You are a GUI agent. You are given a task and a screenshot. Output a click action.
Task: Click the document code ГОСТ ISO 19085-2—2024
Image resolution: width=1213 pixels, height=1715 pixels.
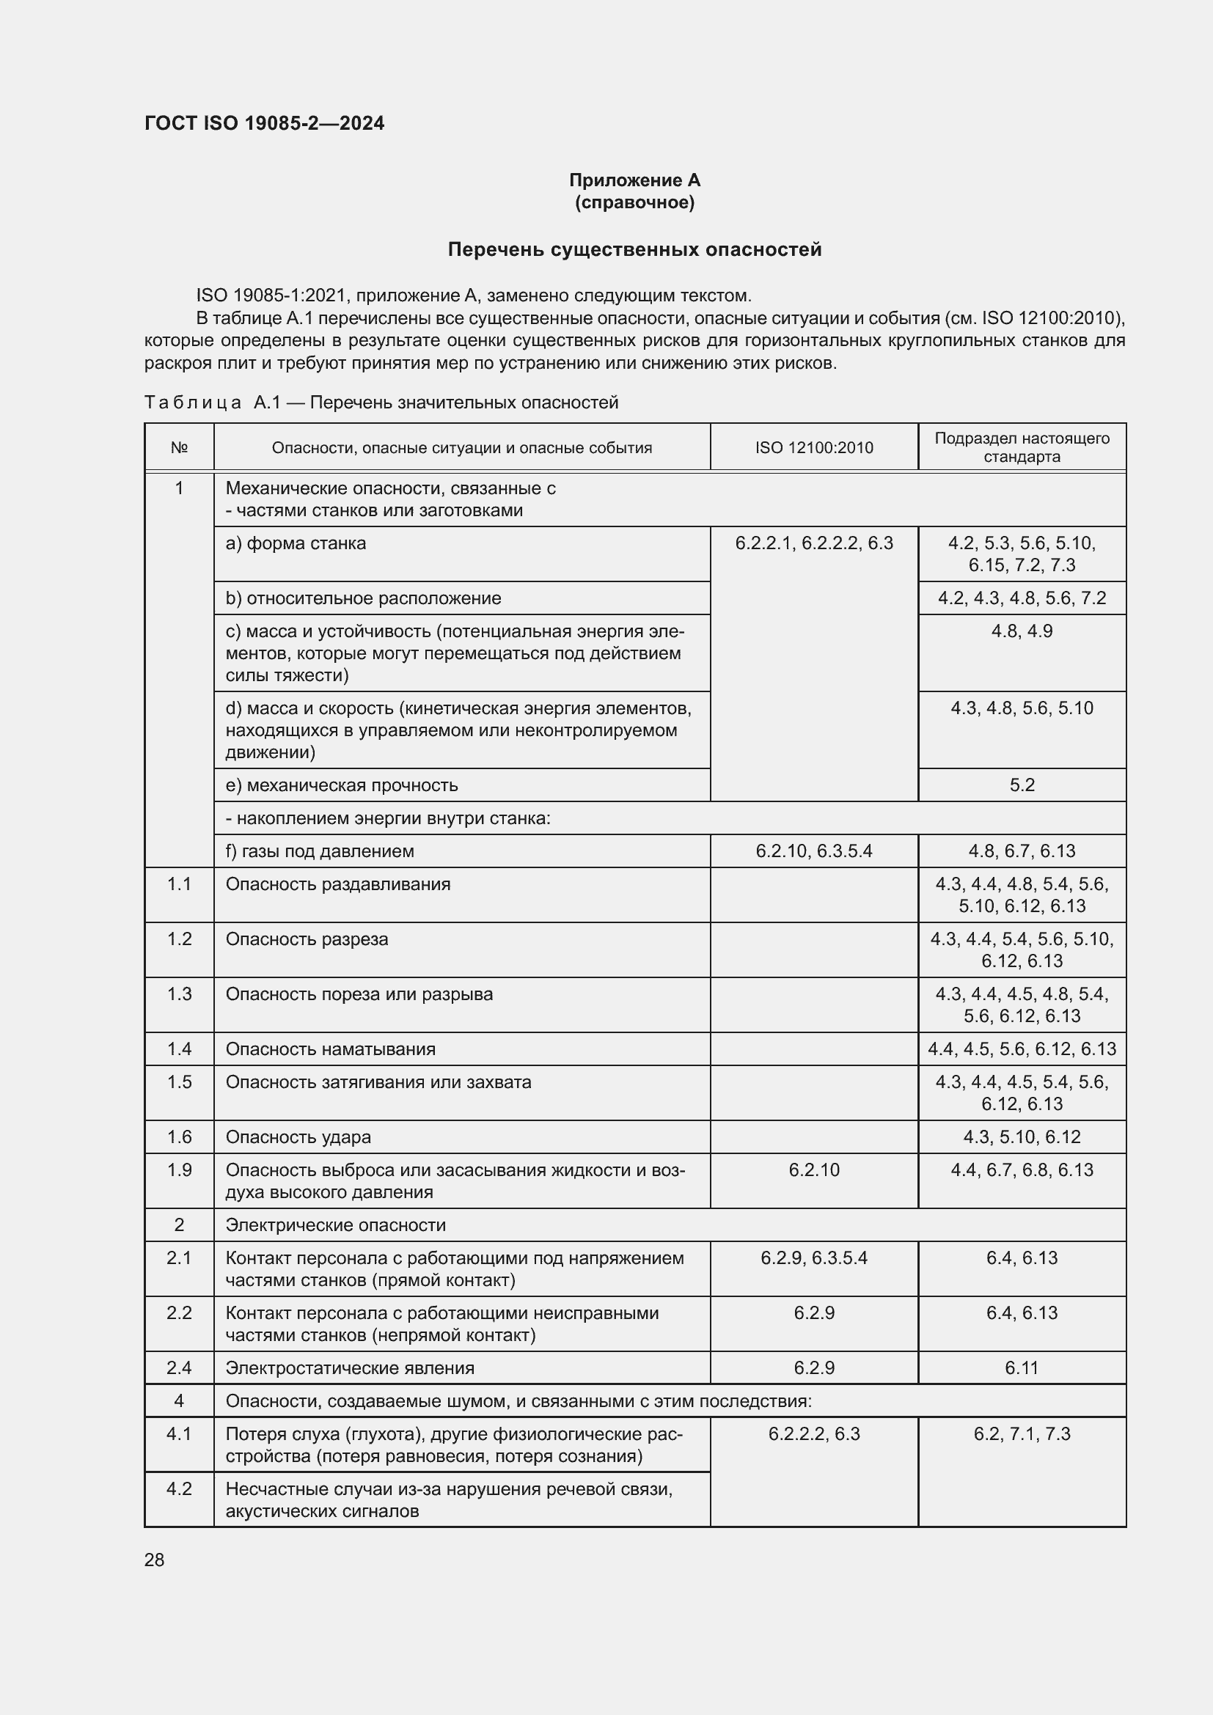click(x=265, y=123)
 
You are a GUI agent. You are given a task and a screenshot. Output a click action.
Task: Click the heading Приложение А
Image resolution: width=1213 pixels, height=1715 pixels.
click(x=634, y=180)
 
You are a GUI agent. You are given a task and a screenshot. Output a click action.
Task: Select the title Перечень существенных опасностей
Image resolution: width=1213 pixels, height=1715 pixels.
click(x=634, y=249)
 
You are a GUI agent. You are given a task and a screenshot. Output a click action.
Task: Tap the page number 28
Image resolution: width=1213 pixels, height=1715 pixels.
click(x=155, y=1560)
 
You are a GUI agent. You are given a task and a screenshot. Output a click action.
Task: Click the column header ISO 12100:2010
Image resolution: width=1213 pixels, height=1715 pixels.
click(x=813, y=447)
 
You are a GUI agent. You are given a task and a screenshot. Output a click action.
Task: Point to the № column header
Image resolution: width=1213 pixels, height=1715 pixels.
click(x=179, y=447)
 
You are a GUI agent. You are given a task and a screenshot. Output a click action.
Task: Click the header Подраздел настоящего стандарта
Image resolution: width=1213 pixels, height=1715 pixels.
click(x=1021, y=447)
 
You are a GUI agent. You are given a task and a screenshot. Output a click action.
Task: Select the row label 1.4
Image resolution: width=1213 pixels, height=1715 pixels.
click(x=179, y=1049)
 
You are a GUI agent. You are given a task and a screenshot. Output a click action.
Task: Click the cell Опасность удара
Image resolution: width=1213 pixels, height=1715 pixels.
click(x=298, y=1137)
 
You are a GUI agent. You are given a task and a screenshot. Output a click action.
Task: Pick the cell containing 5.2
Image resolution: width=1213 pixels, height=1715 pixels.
click(x=1021, y=785)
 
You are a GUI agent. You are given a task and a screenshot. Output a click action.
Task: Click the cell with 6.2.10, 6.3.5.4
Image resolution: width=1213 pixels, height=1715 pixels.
click(x=813, y=851)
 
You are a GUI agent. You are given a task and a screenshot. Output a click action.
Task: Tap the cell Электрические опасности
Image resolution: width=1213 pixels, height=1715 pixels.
click(x=335, y=1225)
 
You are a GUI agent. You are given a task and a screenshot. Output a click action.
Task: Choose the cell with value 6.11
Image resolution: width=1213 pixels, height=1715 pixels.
click(x=1021, y=1367)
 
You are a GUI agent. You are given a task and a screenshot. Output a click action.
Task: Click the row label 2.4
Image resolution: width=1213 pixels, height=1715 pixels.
click(x=179, y=1367)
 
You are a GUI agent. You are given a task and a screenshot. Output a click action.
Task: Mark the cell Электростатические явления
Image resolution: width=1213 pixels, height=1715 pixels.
click(x=350, y=1367)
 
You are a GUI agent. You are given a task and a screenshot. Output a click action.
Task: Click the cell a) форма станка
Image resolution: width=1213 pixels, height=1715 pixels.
click(x=296, y=543)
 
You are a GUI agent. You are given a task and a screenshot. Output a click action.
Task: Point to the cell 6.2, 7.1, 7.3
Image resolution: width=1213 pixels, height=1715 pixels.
click(x=1021, y=1433)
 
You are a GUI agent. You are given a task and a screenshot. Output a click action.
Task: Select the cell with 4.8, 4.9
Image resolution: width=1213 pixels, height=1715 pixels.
click(x=1021, y=631)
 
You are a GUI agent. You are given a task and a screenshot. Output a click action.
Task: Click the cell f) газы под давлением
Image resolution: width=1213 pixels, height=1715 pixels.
click(x=320, y=851)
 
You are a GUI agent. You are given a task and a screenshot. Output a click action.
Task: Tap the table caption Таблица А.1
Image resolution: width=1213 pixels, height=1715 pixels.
click(x=381, y=403)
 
